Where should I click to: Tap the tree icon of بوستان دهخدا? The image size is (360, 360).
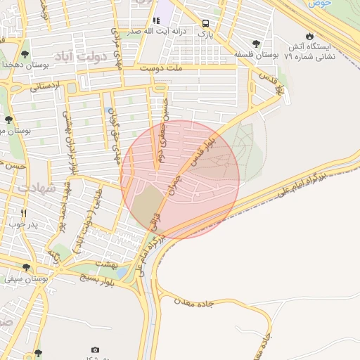pos(25,53)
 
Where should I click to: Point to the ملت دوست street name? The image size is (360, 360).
pos(161,69)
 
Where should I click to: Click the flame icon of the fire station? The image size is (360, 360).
pos(309,36)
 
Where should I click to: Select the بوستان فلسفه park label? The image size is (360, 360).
pos(258,53)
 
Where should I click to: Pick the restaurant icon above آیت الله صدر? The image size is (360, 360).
pos(156,21)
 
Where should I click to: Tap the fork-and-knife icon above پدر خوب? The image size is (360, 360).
pos(24,213)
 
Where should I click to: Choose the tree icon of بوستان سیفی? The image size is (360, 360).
pos(27,267)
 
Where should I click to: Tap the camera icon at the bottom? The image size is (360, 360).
pos(96,349)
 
